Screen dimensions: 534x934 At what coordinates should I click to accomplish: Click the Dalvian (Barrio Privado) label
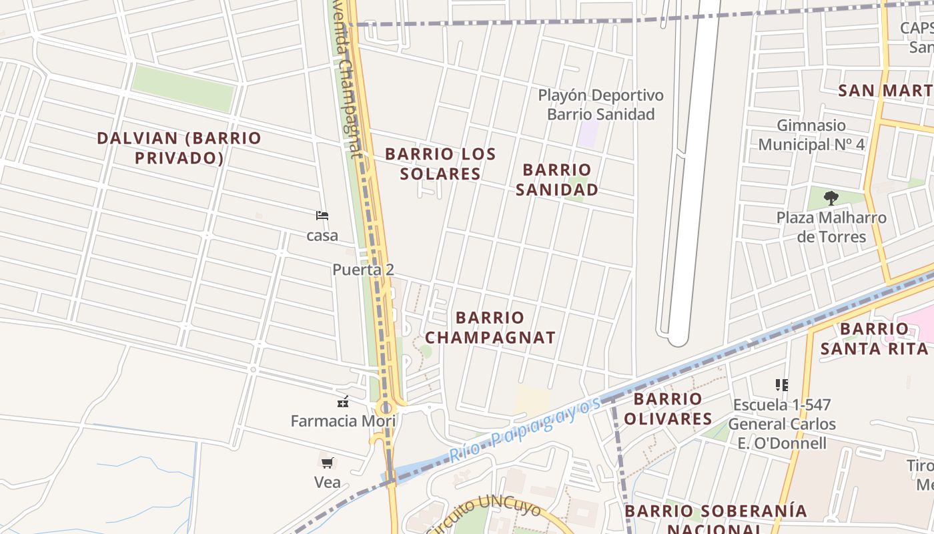pyautogui.click(x=179, y=148)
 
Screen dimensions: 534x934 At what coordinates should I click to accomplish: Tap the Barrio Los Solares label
pyautogui.click(x=440, y=164)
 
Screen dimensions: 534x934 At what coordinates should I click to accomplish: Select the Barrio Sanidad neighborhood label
pyautogui.click(x=557, y=180)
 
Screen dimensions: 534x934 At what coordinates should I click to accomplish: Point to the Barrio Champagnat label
pyautogui.click(x=490, y=327)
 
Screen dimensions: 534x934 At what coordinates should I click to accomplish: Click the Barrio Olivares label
pyautogui.click(x=667, y=409)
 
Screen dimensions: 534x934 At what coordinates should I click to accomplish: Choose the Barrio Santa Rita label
pyautogui.click(x=874, y=338)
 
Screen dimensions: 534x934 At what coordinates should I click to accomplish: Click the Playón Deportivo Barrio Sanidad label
pyautogui.click(x=600, y=105)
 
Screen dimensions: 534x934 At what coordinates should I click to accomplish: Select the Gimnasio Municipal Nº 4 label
pyautogui.click(x=811, y=135)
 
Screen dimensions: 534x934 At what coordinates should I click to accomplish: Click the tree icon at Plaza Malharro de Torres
pyautogui.click(x=831, y=198)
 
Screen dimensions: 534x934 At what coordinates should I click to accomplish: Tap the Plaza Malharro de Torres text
pyautogui.click(x=831, y=227)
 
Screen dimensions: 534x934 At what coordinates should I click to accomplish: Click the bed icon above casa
pyautogui.click(x=322, y=216)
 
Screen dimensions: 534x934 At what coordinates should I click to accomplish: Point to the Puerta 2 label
pyautogui.click(x=363, y=270)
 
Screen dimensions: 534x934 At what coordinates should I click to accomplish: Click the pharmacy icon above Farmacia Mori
pyautogui.click(x=343, y=402)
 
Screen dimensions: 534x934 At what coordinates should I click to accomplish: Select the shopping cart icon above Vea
pyautogui.click(x=327, y=463)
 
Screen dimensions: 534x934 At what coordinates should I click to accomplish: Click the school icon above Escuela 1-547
pyautogui.click(x=781, y=385)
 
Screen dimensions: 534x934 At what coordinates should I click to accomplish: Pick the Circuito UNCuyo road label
pyautogui.click(x=484, y=515)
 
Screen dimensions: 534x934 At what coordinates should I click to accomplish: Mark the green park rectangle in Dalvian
pyautogui.click(x=183, y=88)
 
